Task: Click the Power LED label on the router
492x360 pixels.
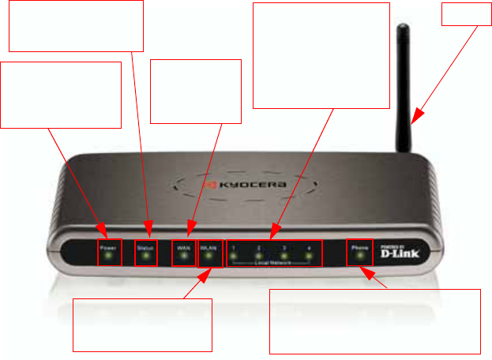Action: click(110, 247)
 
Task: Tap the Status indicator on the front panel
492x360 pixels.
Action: click(145, 247)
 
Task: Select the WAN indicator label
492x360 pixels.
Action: click(184, 247)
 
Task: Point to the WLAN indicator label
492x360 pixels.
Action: click(209, 247)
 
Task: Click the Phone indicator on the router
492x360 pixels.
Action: click(359, 247)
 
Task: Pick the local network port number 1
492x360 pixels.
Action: click(234, 248)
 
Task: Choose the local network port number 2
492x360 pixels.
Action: click(258, 248)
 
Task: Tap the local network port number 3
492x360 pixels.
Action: click(284, 248)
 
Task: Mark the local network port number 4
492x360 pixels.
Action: click(309, 248)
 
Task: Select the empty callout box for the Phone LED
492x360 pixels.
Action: click(374, 321)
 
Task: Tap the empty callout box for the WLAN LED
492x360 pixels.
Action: click(143, 324)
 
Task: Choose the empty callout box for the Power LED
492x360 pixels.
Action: click(61, 95)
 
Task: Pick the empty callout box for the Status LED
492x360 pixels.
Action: click(76, 25)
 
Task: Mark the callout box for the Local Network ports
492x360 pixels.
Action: click(321, 54)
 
